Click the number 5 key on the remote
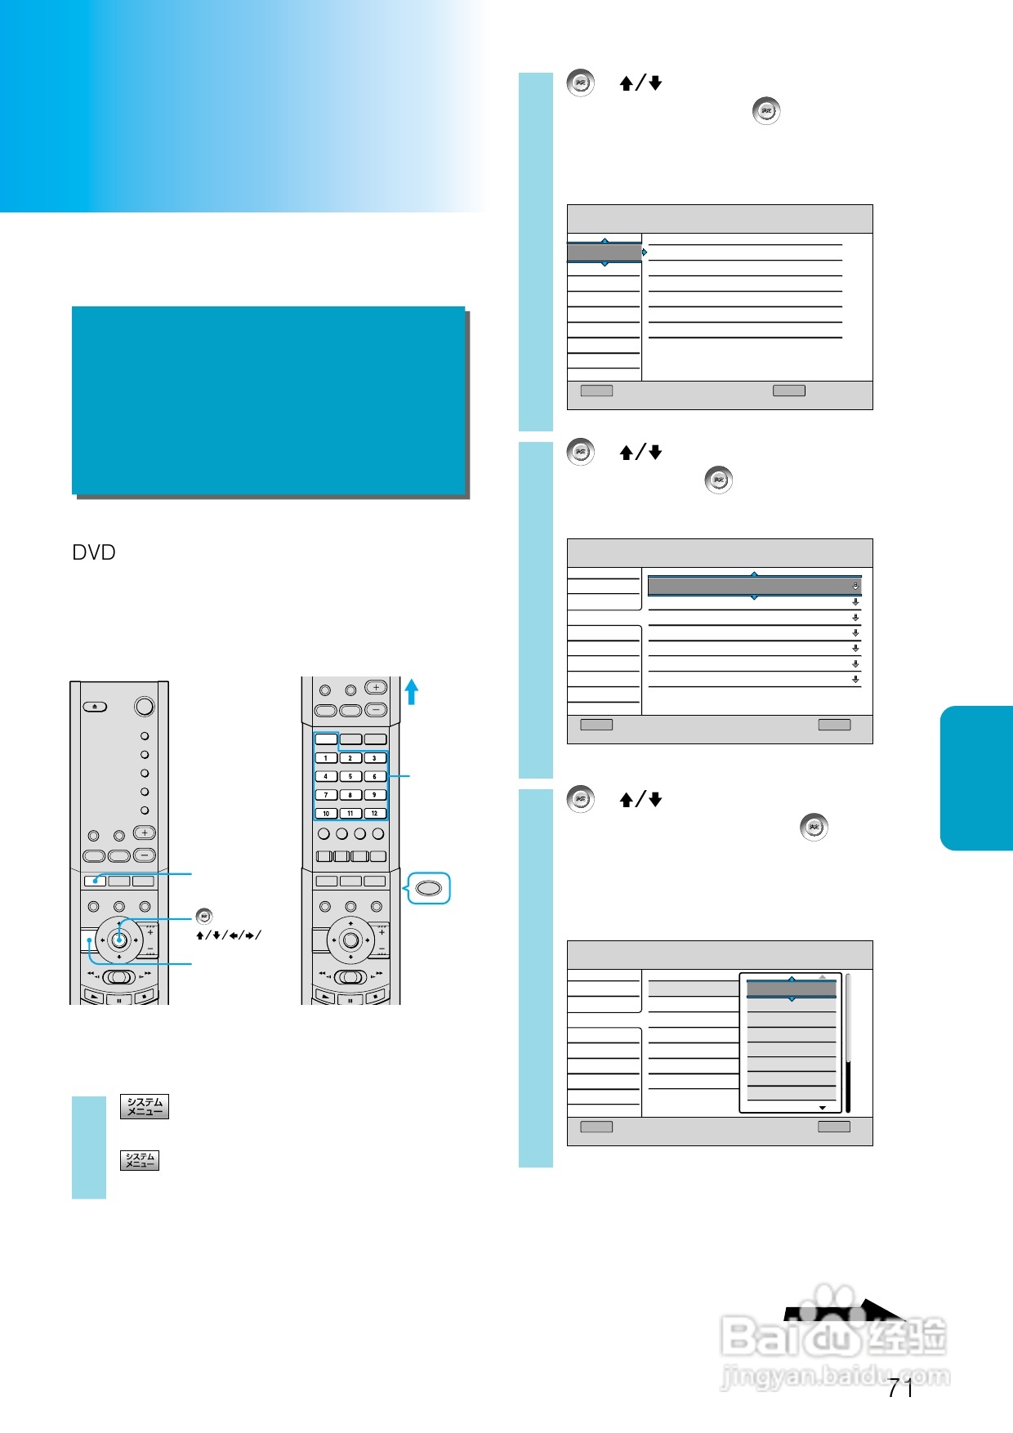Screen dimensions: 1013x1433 pos(350,776)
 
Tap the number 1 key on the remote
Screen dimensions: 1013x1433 pos(326,757)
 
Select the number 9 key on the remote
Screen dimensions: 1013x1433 pos(375,794)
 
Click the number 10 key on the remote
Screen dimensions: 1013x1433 pos(326,813)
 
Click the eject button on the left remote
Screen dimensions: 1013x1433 pos(95,706)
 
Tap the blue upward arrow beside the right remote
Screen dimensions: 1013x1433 pos(412,692)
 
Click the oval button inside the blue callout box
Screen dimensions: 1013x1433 pos(429,888)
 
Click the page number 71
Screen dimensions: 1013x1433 pos(900,1387)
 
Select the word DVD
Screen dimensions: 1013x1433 pos(94,553)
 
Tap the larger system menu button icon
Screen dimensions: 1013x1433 pos(145,1106)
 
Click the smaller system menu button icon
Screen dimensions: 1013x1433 pos(140,1160)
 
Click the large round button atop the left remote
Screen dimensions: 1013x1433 pos(145,706)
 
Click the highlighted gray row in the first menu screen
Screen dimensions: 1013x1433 pos(605,252)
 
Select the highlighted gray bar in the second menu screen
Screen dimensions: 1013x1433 pos(754,586)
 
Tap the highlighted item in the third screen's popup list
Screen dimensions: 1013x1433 pos(792,989)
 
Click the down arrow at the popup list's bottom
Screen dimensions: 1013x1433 pos(823,1108)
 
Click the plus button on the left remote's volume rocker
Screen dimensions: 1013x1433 pos(145,833)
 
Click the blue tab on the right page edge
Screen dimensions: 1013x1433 pos(977,778)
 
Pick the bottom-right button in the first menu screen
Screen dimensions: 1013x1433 pos(789,391)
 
